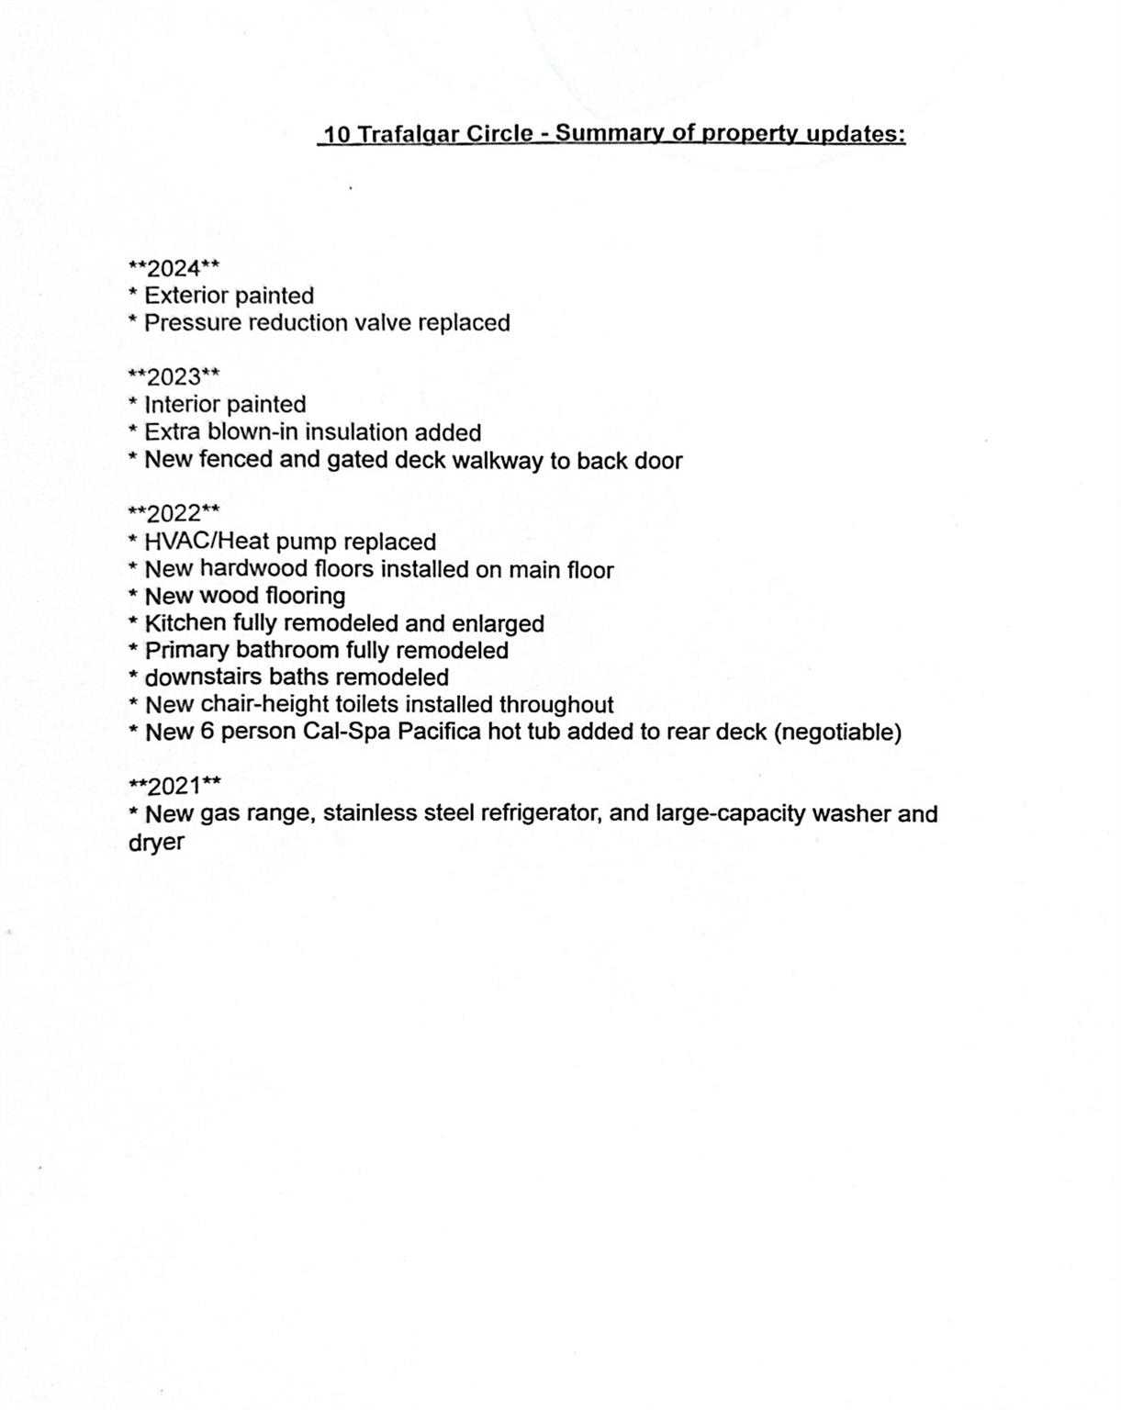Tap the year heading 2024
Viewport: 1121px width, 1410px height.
coord(174,268)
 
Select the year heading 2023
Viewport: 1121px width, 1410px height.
coord(174,376)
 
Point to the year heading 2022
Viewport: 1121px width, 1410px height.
coord(174,512)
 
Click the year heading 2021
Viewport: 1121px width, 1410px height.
coord(174,786)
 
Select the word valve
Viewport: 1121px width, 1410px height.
coord(383,323)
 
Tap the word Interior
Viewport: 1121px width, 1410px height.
coord(182,405)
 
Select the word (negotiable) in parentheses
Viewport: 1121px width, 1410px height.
coord(838,733)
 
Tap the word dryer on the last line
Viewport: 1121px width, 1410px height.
coord(156,843)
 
